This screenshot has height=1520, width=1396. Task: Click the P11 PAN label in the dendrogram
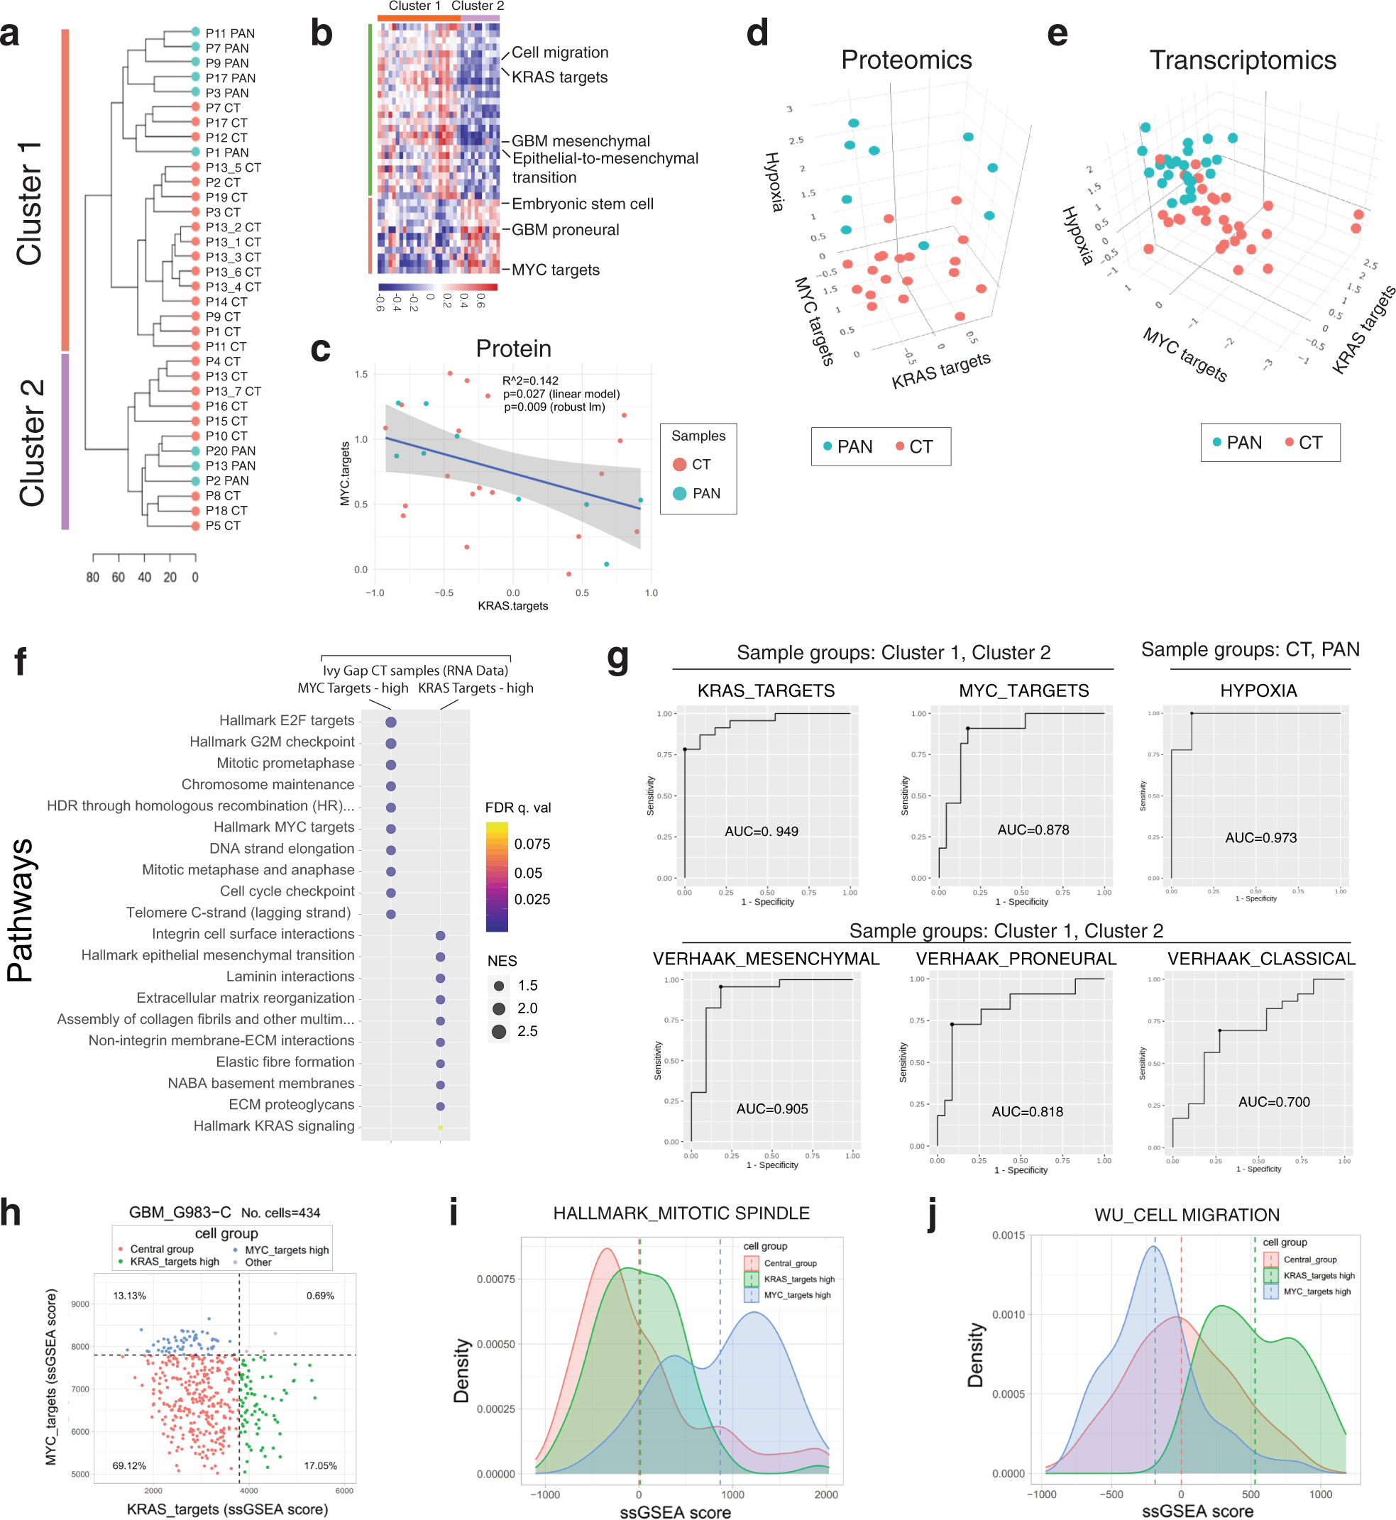(230, 33)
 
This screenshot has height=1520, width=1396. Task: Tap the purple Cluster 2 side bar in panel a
(65, 441)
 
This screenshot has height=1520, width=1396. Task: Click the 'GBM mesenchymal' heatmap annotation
(580, 141)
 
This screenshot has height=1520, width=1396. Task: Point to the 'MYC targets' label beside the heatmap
(555, 270)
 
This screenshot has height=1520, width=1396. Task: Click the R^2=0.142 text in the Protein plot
(530, 381)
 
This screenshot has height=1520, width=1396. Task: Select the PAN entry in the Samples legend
(705, 493)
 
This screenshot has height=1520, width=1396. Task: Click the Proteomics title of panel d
(906, 60)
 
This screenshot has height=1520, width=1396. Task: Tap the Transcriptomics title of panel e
(1242, 60)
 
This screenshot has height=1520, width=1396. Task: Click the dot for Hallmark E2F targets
(390, 722)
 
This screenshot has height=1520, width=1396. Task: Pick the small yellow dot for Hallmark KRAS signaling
(441, 1128)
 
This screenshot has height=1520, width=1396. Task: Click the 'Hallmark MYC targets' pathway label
(283, 827)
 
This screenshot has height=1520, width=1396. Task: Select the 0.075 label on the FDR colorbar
(532, 844)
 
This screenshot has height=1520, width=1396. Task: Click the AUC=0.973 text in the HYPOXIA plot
(1260, 838)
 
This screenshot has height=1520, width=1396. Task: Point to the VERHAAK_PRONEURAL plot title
(1016, 959)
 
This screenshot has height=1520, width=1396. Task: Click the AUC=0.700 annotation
(1273, 1102)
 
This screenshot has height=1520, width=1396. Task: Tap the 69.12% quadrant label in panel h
(129, 1465)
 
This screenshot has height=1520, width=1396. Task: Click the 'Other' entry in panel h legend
(258, 1262)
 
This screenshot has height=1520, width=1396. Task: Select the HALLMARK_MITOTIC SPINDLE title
(681, 1213)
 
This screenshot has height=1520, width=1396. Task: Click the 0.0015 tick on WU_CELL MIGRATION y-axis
(1008, 1235)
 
